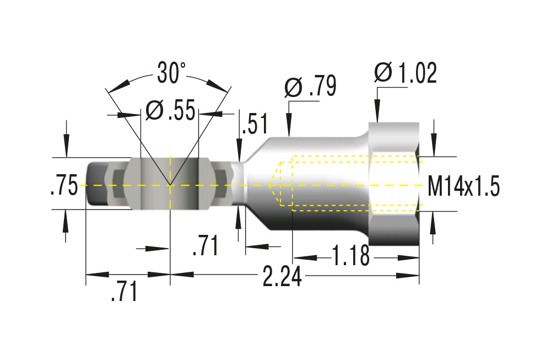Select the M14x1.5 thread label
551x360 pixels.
click(464, 187)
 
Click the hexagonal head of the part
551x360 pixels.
click(393, 185)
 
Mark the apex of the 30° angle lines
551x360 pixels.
click(170, 185)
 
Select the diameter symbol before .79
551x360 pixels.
click(293, 87)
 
